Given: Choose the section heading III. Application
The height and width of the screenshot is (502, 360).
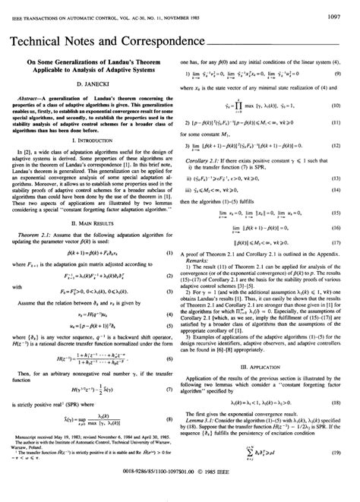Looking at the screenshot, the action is click(270, 387).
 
